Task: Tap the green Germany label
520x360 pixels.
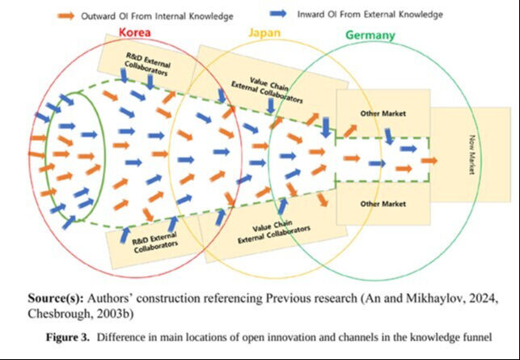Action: click(370, 35)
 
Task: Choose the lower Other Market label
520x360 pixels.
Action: click(383, 204)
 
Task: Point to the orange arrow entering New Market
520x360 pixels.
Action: click(429, 160)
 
